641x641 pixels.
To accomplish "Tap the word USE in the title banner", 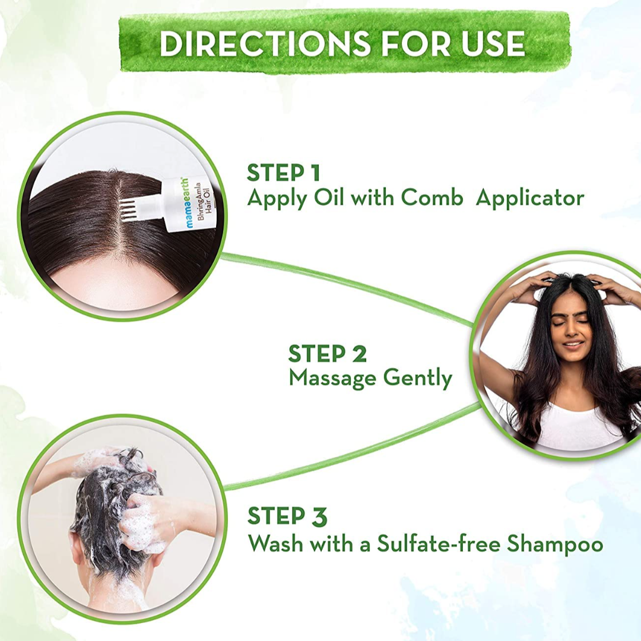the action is tap(493, 44).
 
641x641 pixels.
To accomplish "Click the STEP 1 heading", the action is tap(283, 173).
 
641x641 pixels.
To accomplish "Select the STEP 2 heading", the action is tap(328, 354).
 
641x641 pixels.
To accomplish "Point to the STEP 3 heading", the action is tap(287, 516).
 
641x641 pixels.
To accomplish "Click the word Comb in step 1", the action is tap(432, 198).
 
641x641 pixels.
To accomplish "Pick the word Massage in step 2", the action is tap(332, 379).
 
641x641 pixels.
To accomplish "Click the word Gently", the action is tap(417, 379).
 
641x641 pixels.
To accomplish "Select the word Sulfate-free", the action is tap(438, 543).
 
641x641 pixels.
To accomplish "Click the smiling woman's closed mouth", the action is tap(573, 344).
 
